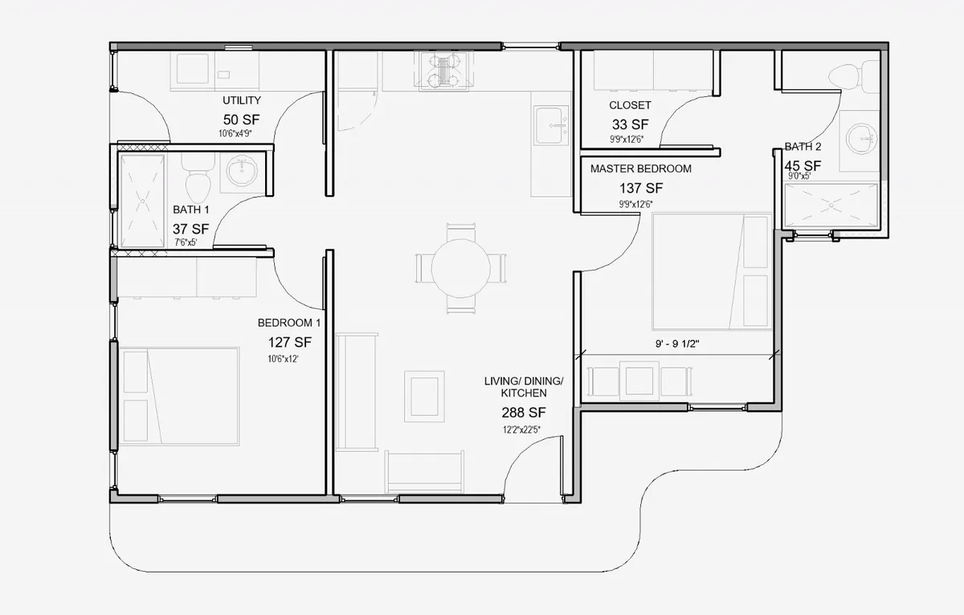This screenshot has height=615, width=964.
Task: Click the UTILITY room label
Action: (x=242, y=100)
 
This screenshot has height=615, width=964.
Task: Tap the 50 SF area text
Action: (x=242, y=119)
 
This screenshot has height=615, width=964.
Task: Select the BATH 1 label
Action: (x=191, y=210)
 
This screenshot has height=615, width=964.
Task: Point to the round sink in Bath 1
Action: (x=241, y=172)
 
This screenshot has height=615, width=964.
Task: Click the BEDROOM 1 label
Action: (x=289, y=323)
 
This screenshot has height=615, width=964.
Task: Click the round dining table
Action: (x=461, y=267)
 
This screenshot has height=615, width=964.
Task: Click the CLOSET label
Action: (x=630, y=105)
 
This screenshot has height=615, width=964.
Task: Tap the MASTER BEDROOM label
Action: (x=640, y=169)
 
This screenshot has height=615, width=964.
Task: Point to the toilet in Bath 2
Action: (x=848, y=76)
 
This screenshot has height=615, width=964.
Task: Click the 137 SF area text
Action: (x=640, y=189)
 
